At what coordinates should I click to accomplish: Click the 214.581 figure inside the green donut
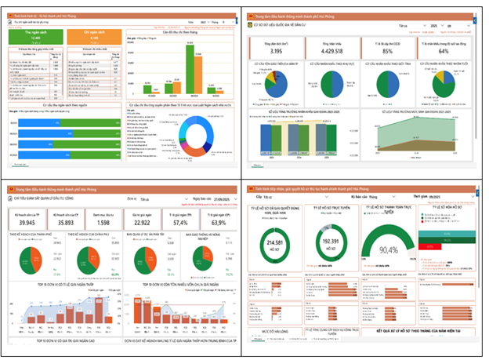(276, 245)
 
